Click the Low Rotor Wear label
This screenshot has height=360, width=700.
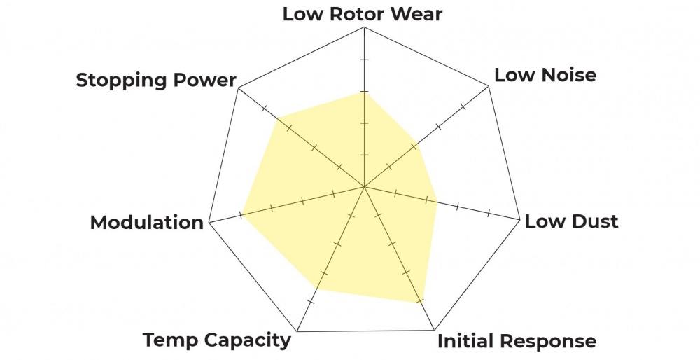pyautogui.click(x=363, y=14)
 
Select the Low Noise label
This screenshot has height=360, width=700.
pyautogui.click(x=545, y=75)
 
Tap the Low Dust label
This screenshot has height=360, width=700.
pyautogui.click(x=571, y=222)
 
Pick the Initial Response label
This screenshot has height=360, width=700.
pyautogui.click(x=517, y=342)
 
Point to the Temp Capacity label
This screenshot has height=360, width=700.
pyautogui.click(x=216, y=340)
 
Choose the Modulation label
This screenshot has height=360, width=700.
pyautogui.click(x=146, y=223)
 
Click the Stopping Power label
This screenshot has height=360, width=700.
pyautogui.click(x=155, y=80)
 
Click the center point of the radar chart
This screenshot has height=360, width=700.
pyautogui.click(x=364, y=187)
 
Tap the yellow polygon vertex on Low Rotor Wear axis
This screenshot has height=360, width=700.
pyautogui.click(x=364, y=92)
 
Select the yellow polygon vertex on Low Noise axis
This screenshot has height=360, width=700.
pyautogui.click(x=416, y=145)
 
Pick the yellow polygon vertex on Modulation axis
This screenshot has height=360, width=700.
pyautogui.click(x=241, y=214)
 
